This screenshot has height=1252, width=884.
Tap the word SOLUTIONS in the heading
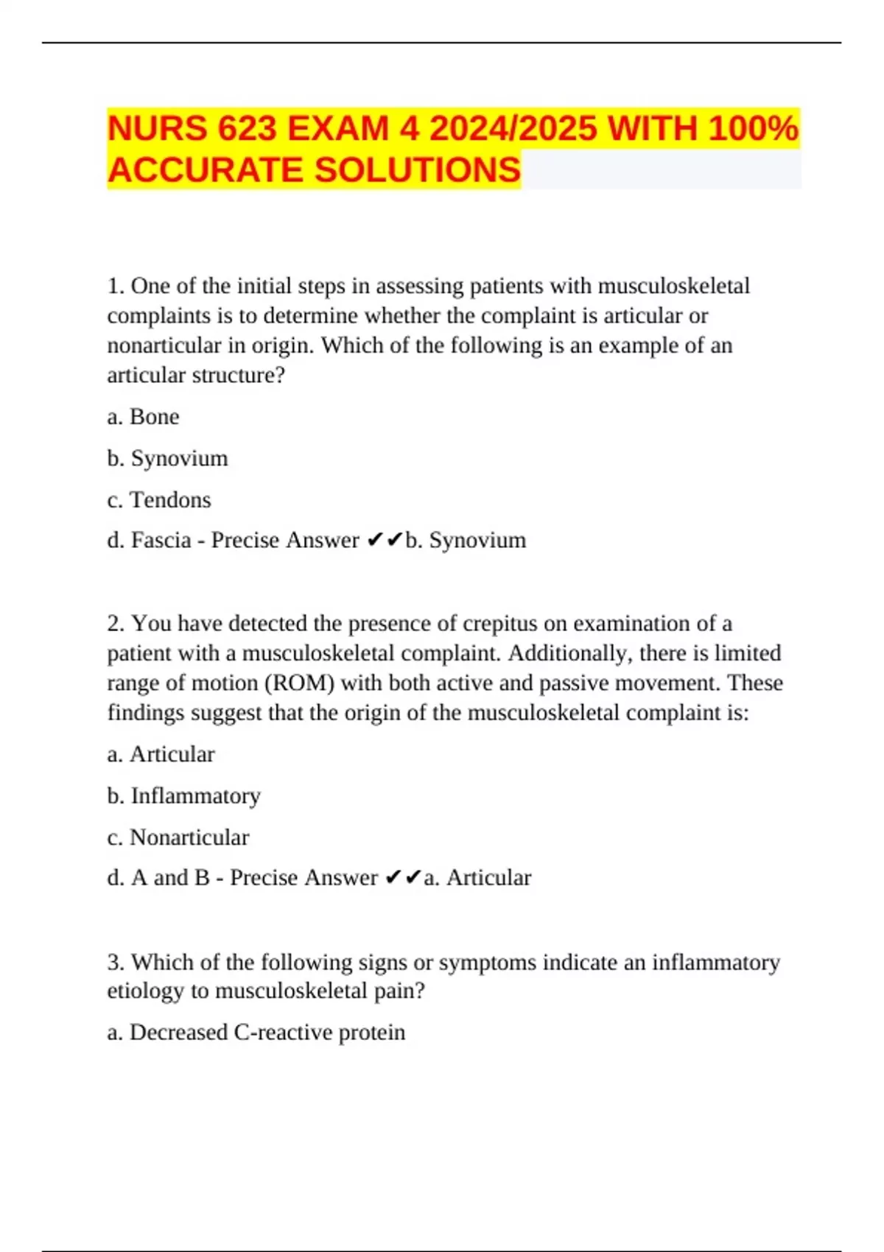(x=418, y=170)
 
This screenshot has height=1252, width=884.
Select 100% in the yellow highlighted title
(x=753, y=129)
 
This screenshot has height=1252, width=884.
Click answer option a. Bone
(x=143, y=417)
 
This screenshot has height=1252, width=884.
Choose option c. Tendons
(x=159, y=500)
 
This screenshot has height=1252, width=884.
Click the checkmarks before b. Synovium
(x=385, y=541)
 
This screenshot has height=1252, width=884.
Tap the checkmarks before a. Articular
(x=403, y=878)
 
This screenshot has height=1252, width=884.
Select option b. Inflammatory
(x=183, y=796)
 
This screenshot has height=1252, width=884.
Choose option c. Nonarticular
(x=178, y=837)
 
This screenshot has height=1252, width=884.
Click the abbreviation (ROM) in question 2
(x=299, y=683)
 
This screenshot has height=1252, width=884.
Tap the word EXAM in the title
(x=337, y=129)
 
